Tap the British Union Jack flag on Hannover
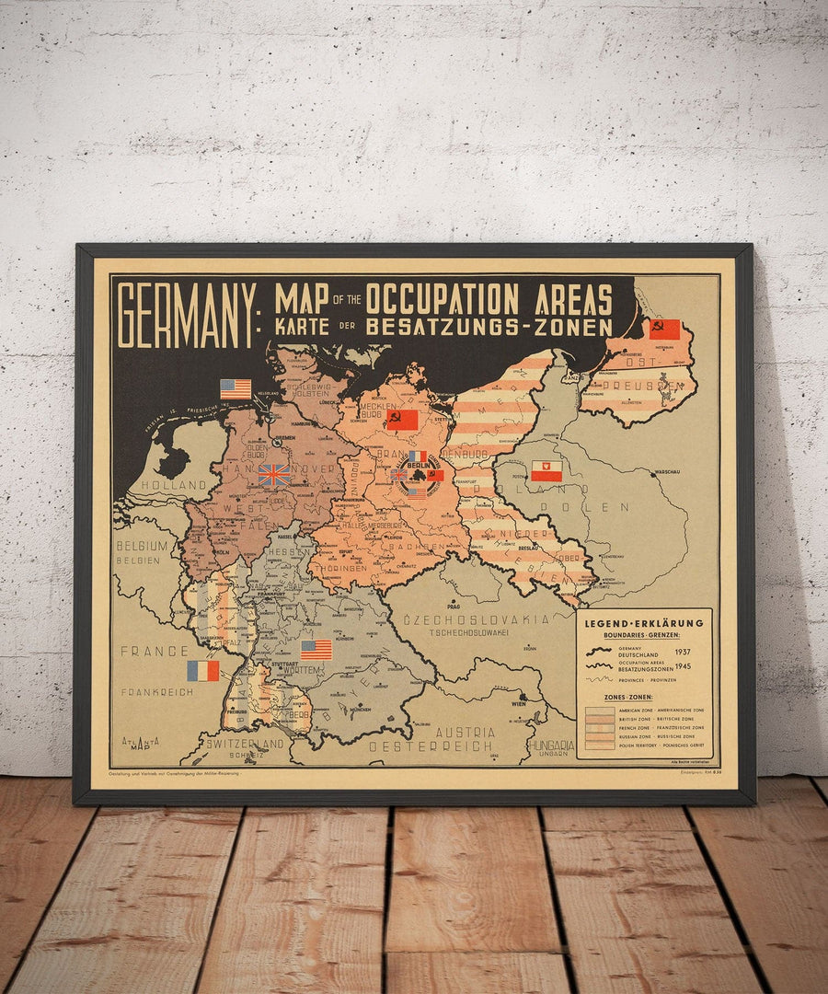point(274,475)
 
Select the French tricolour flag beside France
point(202,671)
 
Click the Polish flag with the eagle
point(546,471)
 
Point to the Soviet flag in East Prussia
point(664,329)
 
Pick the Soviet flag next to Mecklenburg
point(402,420)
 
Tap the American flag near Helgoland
point(236,389)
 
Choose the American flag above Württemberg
point(316,650)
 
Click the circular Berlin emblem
point(418,478)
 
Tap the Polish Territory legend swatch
point(599,745)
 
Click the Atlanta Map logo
point(141,743)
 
